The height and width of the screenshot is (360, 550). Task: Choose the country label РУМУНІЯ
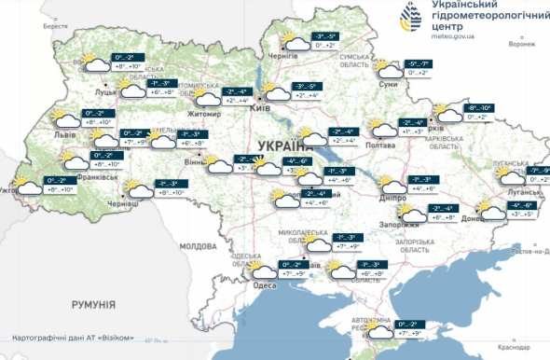tap(93, 304)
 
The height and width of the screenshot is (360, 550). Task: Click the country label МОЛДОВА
tap(197, 246)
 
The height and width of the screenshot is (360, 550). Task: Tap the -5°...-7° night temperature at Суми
tap(417, 62)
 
